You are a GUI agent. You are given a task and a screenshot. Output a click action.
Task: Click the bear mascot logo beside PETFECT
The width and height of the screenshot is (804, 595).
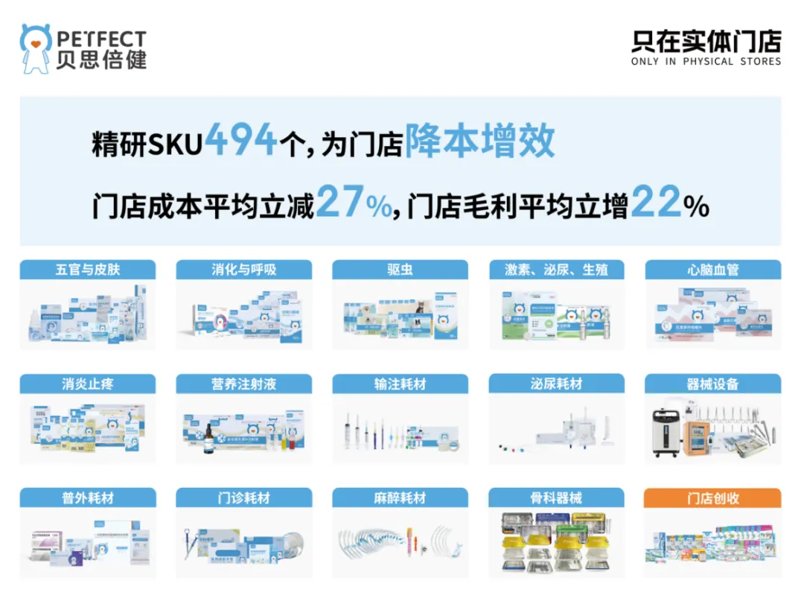36,48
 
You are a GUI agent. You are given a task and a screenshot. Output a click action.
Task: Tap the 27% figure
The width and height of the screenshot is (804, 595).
353,203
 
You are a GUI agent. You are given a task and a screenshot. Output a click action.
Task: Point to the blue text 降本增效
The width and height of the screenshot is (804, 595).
479,140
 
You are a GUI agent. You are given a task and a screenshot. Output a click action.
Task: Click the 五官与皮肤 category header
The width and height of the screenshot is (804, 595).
88,270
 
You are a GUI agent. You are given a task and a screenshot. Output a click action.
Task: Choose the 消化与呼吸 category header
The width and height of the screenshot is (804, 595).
244,270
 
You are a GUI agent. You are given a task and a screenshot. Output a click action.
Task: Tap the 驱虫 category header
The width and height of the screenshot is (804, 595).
400,270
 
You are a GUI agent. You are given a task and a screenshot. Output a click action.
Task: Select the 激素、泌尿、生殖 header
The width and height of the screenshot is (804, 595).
556,270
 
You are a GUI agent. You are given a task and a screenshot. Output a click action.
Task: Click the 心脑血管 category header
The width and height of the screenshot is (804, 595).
712,270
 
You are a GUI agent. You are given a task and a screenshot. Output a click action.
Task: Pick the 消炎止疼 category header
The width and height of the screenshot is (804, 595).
88,384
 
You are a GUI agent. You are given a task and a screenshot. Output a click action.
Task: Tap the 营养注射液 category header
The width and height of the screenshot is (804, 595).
244,384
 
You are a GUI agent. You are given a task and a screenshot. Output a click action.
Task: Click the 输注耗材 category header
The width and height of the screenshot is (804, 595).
400,384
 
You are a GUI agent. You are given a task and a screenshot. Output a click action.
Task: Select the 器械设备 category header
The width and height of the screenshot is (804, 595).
712,384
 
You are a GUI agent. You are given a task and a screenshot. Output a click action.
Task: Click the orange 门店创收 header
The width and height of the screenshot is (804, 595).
712,498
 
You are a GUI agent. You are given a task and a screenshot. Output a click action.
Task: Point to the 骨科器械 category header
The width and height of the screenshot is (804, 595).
556,498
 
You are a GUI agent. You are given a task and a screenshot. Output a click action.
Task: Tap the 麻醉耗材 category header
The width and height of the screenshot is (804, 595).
400,498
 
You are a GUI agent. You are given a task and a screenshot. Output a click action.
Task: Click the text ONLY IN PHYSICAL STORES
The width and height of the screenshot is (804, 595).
706,62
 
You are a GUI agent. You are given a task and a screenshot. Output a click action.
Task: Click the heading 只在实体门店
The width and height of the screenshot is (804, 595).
706,41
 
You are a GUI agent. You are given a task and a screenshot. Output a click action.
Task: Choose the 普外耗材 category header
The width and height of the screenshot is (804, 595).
88,498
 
